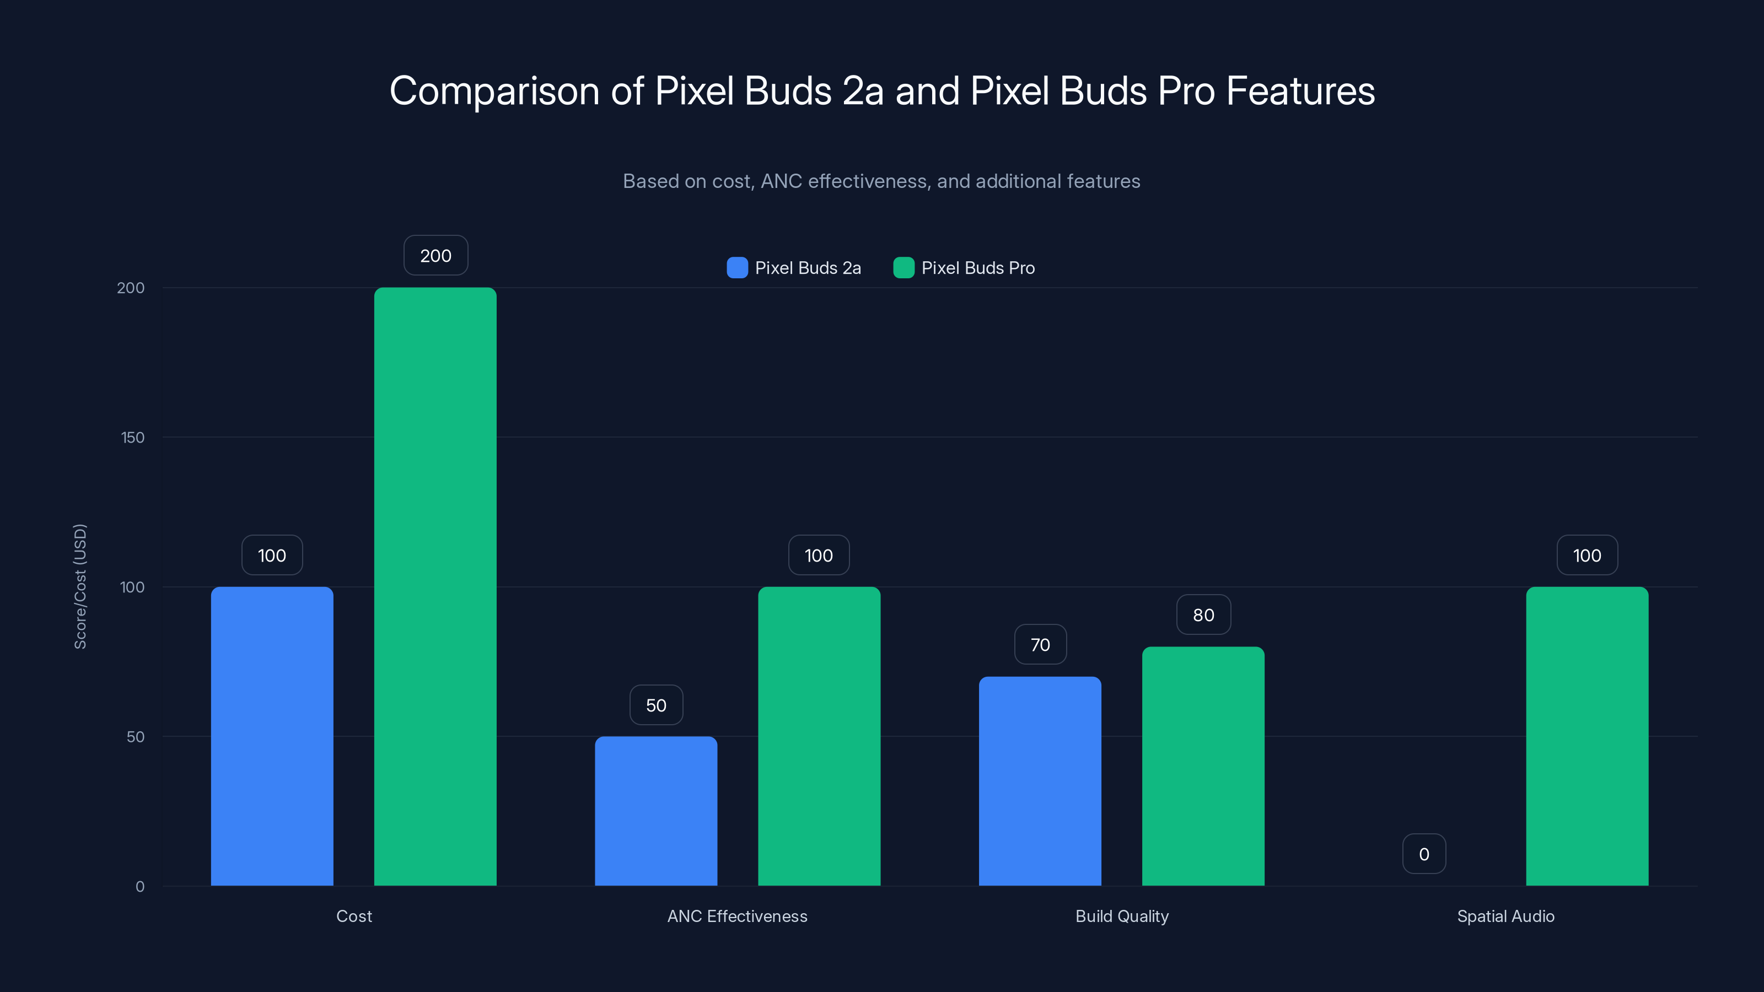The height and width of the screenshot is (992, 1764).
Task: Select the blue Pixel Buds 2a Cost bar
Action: pos(272,736)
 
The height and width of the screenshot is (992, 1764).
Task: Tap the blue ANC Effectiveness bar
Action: pos(655,811)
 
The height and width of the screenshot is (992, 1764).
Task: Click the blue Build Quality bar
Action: pos(1040,780)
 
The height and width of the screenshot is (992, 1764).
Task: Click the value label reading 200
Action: pos(435,255)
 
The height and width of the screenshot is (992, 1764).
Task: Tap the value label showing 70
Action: pos(1040,644)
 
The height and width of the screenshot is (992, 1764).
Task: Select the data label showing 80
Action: pos(1203,615)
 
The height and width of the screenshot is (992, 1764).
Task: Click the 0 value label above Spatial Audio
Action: pos(1424,854)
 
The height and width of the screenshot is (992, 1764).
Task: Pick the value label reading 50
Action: pos(655,705)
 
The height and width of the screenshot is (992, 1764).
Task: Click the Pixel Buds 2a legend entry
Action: pos(794,268)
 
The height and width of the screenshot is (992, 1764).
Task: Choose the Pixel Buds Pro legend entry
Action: pos(964,268)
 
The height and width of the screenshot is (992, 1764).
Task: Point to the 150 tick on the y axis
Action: pos(133,437)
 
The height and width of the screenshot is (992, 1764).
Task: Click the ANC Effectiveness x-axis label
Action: pos(737,916)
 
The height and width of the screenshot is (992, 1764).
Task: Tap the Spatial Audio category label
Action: pos(1505,916)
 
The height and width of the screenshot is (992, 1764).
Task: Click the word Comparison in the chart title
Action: pos(494,90)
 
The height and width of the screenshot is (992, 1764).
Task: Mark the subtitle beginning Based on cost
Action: pos(881,181)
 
